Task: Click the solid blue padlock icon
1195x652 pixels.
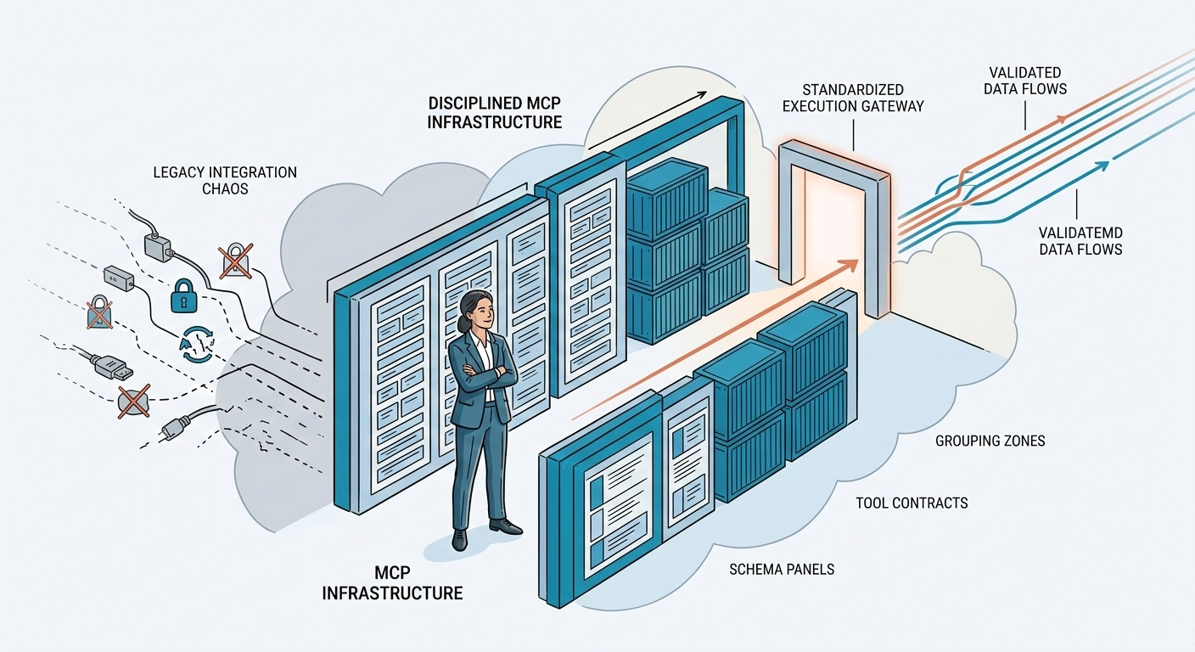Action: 183,296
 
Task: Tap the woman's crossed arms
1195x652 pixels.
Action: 483,373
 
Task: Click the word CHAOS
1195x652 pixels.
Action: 225,188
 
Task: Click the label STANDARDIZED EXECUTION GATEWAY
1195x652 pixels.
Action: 854,98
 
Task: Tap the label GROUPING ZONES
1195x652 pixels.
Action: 990,441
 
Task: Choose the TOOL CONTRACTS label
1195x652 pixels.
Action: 912,503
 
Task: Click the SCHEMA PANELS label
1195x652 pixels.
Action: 782,569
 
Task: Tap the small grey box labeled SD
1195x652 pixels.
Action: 118,278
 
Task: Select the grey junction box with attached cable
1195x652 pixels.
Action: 159,247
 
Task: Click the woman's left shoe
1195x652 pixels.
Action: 504,526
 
